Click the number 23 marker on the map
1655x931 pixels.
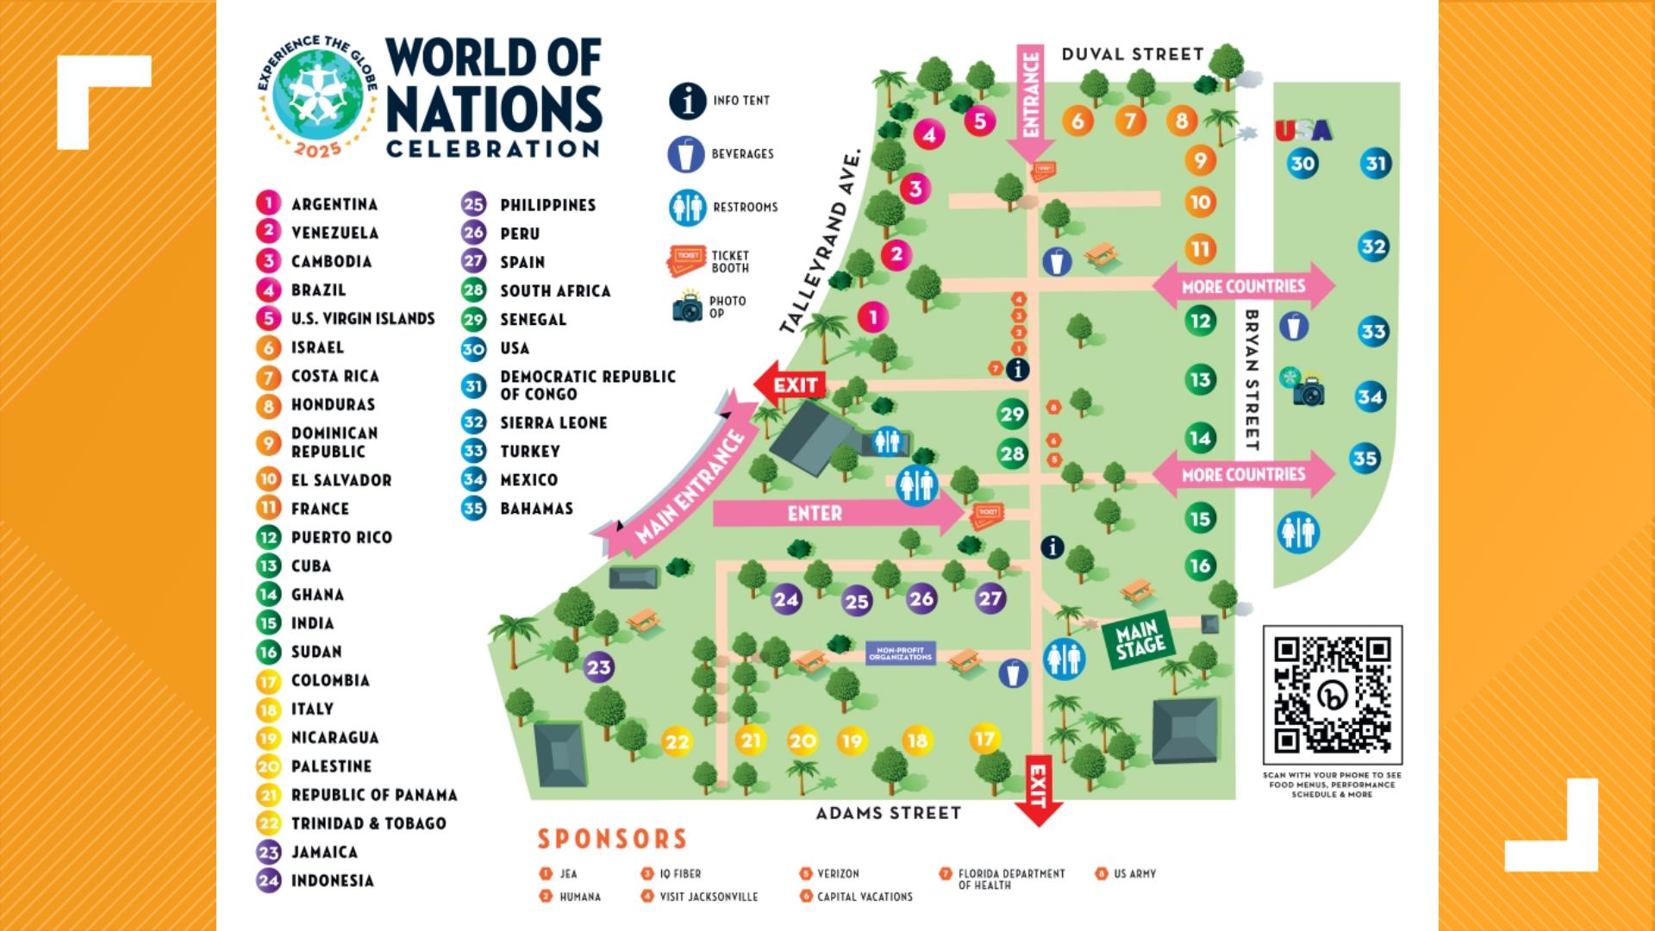[598, 666]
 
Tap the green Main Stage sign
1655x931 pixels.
[1140, 639]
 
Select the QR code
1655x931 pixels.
[1332, 695]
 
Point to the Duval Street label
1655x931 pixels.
[1132, 54]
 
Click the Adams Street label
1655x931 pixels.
[888, 813]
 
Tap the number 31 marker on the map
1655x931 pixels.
[1376, 164]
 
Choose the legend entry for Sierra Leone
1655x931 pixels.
[553, 422]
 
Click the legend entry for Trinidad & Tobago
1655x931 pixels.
[367, 823]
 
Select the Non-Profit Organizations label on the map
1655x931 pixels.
[900, 653]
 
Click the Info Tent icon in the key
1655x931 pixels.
[687, 101]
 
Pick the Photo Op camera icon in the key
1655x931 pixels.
[688, 307]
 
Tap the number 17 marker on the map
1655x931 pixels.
[984, 739]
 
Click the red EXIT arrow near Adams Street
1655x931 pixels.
[1038, 789]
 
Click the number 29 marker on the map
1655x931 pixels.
[1012, 415]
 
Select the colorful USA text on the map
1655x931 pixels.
[1302, 131]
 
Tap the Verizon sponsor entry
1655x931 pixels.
[837, 873]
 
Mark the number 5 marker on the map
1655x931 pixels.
[979, 122]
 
